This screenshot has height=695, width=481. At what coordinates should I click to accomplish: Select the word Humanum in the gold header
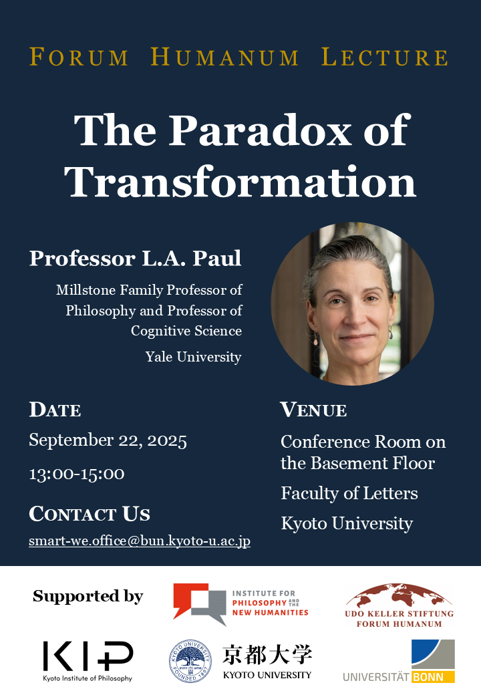point(224,57)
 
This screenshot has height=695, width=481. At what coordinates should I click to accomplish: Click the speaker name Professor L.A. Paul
point(136,258)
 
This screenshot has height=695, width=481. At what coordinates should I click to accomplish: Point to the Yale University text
point(194,357)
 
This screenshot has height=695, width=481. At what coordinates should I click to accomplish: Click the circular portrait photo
point(353,303)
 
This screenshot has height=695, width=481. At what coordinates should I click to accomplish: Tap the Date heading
point(55,410)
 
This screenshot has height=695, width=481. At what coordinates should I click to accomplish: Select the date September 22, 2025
point(108,440)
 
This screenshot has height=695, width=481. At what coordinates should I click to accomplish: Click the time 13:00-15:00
point(77,474)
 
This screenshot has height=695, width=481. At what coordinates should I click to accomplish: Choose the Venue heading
point(313,410)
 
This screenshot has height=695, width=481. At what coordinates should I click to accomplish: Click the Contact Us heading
point(90,514)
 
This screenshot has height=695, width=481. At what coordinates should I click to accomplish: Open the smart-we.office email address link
point(140,541)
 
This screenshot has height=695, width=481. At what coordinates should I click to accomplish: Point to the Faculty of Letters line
point(349,493)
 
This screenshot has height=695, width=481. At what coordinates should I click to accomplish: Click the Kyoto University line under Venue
point(347,523)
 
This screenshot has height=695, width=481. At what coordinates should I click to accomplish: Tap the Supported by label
point(88,596)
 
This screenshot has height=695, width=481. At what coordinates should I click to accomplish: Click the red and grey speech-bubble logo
point(200,603)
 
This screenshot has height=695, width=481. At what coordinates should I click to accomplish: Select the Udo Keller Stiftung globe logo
point(399,605)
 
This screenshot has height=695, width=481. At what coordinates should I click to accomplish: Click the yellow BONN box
point(433,677)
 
